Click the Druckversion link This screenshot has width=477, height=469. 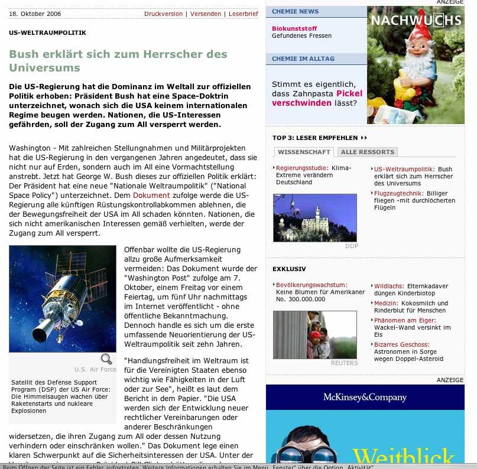(x=163, y=14)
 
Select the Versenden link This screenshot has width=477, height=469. (x=206, y=14)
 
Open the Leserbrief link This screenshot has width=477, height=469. (x=243, y=14)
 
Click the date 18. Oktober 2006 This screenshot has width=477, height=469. (x=35, y=14)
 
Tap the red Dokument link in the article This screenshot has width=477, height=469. (x=151, y=195)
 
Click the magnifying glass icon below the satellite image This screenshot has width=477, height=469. (x=106, y=359)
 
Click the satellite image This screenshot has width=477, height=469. (x=63, y=298)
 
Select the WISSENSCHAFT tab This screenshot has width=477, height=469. (x=303, y=152)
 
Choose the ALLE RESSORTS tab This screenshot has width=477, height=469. (x=367, y=152)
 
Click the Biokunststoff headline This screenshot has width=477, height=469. (x=294, y=28)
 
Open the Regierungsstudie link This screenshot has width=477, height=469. (x=302, y=168)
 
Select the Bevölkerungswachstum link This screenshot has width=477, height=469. (x=311, y=285)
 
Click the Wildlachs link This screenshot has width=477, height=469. (x=388, y=286)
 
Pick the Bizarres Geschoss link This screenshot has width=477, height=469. (x=402, y=344)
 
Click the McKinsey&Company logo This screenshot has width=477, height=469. (x=365, y=397)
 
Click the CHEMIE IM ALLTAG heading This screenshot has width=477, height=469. (x=303, y=58)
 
